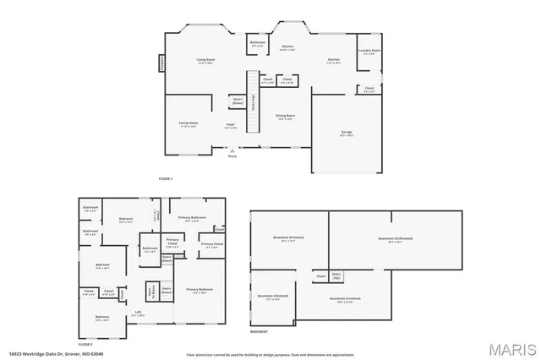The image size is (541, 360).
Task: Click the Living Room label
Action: tap(205, 60)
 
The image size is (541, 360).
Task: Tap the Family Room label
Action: tap(188, 123)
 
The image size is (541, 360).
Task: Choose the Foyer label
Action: tap(230, 124)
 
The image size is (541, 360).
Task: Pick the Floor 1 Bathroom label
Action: tap(258, 42)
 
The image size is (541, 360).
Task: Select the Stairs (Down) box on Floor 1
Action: tap(238, 101)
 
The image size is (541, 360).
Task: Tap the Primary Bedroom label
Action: tap(199, 290)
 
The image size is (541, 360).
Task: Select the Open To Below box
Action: tap(151, 290)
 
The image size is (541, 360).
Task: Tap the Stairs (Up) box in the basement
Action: tap(336, 275)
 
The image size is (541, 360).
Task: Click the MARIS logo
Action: tap(512, 347)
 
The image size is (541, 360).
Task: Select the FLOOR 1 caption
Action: tap(166, 179)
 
